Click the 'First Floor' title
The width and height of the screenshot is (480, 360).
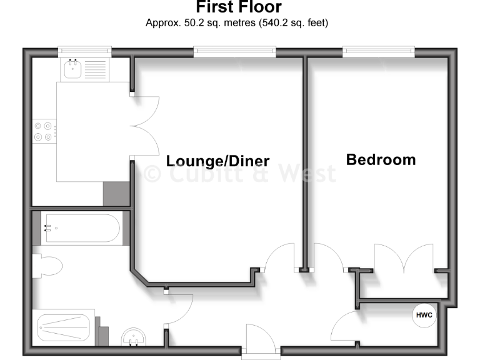pos(239,7)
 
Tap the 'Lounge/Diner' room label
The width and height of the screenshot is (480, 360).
pos(217,161)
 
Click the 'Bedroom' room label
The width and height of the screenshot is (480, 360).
pos(381,159)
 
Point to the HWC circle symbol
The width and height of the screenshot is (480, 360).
pos(424,316)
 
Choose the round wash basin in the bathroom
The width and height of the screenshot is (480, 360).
pos(132,337)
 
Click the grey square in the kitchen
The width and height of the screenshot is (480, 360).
pos(116,193)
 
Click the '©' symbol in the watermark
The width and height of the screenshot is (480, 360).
pos(152,173)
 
